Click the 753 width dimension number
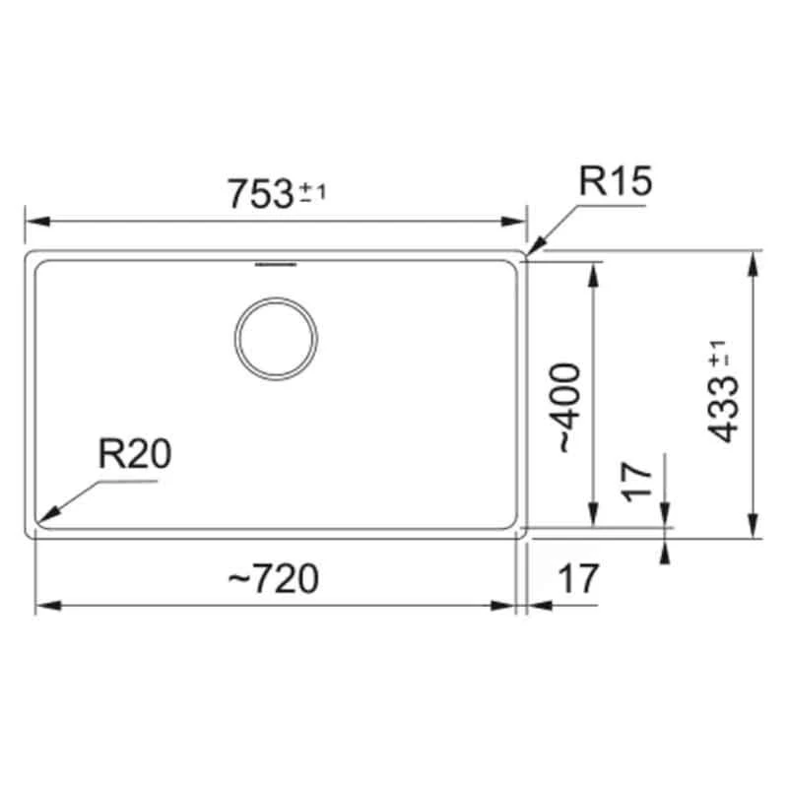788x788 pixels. click(x=261, y=192)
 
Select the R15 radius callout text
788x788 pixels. click(x=616, y=182)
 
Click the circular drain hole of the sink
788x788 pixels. click(x=276, y=337)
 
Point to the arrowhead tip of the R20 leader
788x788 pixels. click(x=42, y=519)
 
